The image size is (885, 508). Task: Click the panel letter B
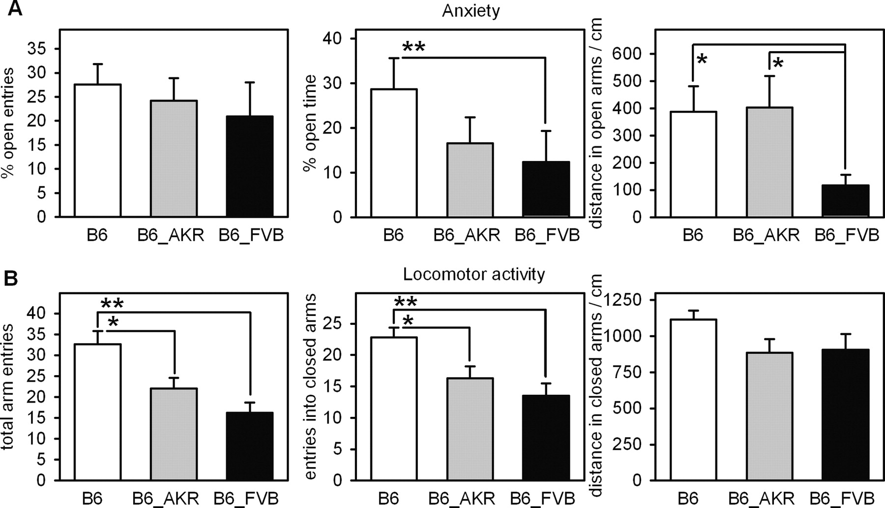click(11, 279)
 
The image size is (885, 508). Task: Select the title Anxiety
click(471, 10)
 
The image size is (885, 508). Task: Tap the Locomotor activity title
click(473, 274)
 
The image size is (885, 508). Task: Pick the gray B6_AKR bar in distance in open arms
click(769, 162)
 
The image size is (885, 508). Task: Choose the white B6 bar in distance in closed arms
click(693, 400)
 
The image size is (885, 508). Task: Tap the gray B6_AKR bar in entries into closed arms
click(470, 429)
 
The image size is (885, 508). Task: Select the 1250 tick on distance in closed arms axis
click(621, 300)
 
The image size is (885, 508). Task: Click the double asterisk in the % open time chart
click(413, 48)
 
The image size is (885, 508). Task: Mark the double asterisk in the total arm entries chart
click(112, 304)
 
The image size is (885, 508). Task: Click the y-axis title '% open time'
click(310, 123)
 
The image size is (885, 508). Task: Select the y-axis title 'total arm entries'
click(8, 386)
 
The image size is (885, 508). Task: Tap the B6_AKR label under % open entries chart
click(171, 235)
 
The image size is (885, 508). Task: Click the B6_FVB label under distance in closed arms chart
click(842, 498)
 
